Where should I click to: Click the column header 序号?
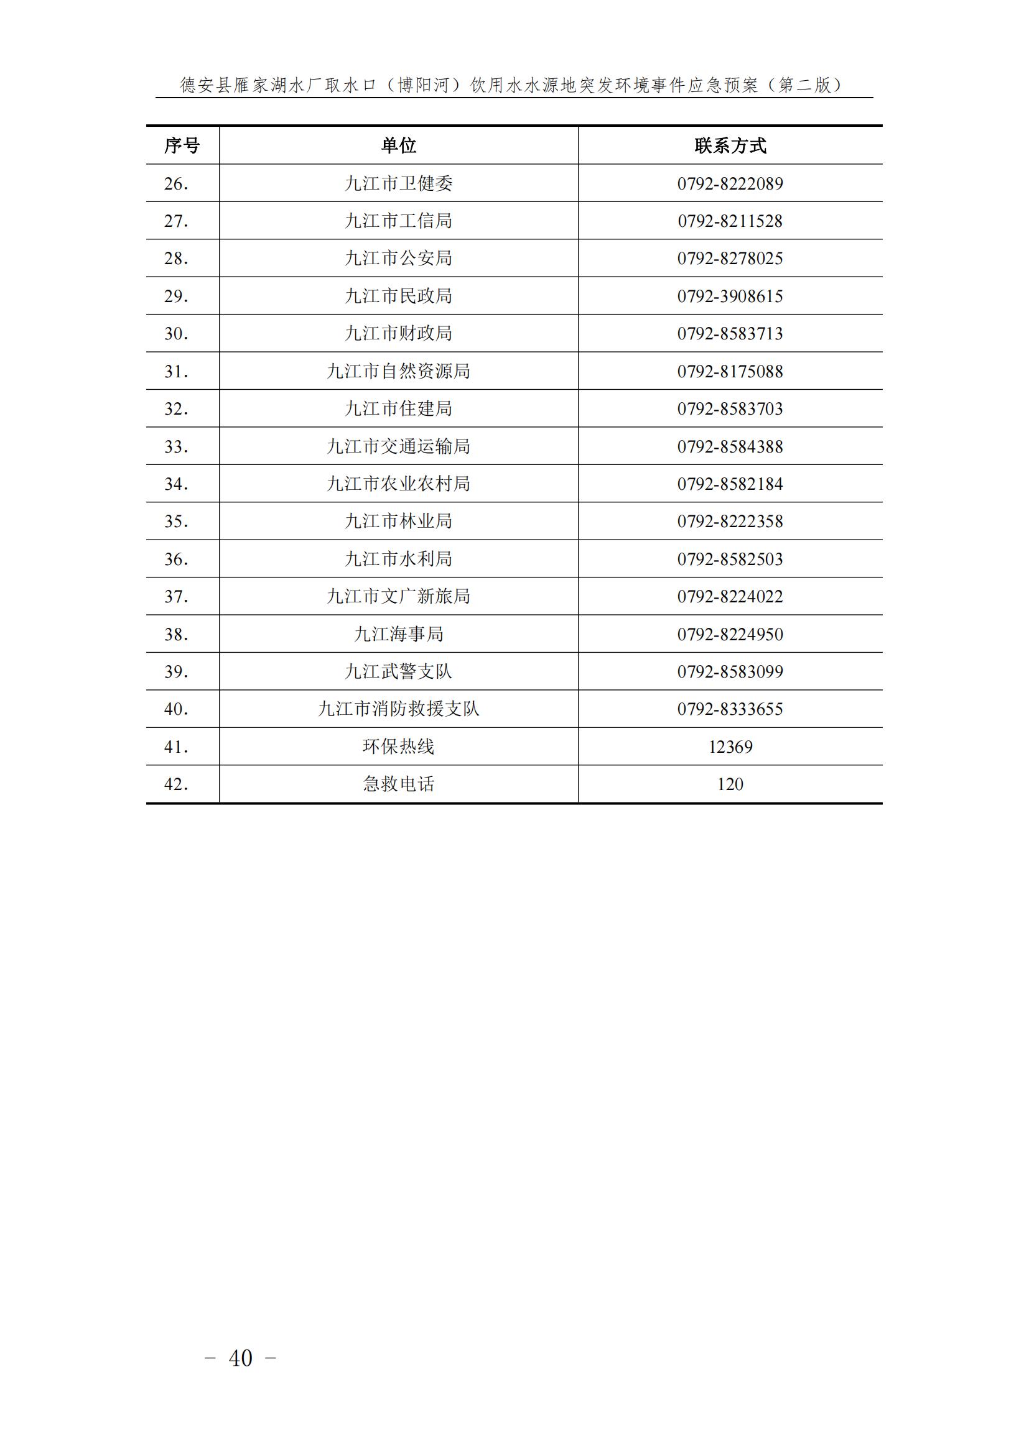[x=182, y=145]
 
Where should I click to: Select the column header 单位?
[x=399, y=145]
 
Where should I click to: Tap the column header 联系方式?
[x=730, y=145]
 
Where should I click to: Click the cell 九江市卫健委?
[x=399, y=183]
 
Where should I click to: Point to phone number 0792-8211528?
[x=730, y=221]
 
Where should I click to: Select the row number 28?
[x=176, y=259]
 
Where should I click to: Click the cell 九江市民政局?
[x=399, y=296]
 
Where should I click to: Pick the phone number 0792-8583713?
[x=730, y=334]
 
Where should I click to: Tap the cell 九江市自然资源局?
[x=399, y=371]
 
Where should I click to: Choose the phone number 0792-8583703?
[x=730, y=408]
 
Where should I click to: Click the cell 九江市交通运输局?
[x=399, y=446]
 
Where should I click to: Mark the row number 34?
[x=176, y=484]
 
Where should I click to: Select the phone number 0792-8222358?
[x=730, y=521]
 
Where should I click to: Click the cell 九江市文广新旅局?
[x=399, y=597]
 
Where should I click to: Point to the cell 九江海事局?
[x=399, y=634]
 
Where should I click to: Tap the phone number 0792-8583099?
[x=730, y=671]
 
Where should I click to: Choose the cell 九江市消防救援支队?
[x=399, y=709]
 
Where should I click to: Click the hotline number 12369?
[x=730, y=747]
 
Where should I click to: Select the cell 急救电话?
[x=399, y=784]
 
